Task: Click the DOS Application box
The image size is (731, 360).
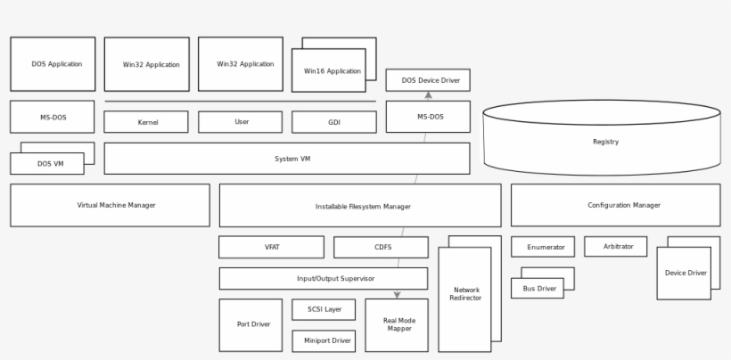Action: [53, 64]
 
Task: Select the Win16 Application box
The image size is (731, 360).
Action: [328, 71]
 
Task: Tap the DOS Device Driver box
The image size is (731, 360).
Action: [428, 80]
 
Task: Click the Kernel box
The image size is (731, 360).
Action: [146, 122]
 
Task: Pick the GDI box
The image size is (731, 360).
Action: [334, 122]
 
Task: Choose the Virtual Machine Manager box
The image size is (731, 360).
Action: [110, 205]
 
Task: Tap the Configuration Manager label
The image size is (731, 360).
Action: [624, 205]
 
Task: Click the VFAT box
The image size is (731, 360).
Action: [271, 247]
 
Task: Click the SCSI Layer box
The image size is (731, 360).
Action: [324, 309]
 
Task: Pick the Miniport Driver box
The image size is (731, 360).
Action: [324, 340]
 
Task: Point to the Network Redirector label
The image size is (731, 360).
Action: [467, 294]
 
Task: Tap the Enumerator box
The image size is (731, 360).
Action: [542, 247]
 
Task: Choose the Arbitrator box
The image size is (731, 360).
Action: [615, 247]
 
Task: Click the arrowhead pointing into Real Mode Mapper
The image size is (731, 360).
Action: [397, 294]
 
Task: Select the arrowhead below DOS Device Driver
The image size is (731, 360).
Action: [428, 95]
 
